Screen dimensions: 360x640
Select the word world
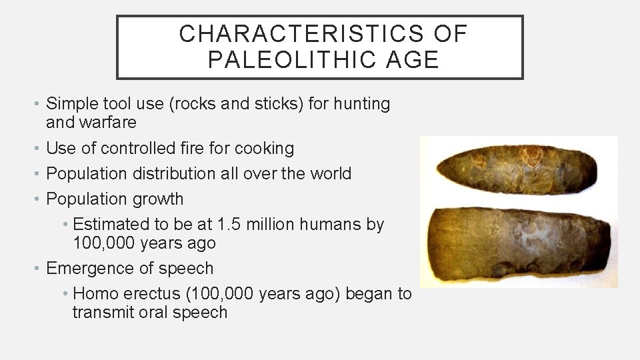click(327, 173)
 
